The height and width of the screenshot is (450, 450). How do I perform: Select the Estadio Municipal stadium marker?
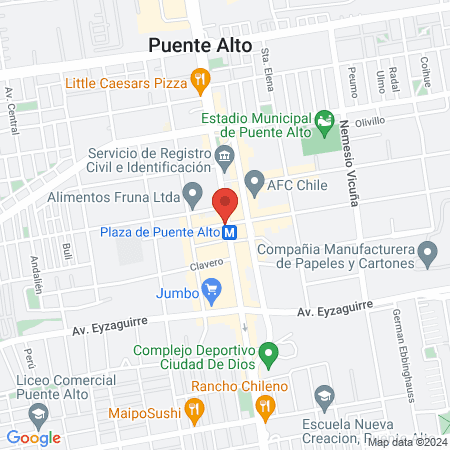click(322, 124)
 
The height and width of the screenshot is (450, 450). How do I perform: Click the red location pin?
click(226, 203)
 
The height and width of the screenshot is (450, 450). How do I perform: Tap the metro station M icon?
click(230, 233)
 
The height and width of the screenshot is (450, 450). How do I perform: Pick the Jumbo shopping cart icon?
click(210, 292)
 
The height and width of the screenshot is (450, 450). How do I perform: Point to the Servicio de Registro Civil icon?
click(224, 155)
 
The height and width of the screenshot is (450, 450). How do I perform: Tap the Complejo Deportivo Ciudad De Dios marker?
click(267, 353)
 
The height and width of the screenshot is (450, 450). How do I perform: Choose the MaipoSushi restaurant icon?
click(195, 409)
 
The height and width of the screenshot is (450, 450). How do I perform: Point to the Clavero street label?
click(205, 265)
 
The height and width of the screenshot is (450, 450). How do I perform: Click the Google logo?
click(33, 437)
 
